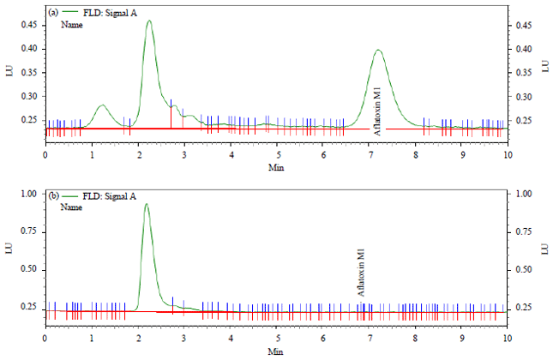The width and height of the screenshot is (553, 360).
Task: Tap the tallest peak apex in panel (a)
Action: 149,21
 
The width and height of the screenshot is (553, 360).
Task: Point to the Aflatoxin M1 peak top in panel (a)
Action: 377,51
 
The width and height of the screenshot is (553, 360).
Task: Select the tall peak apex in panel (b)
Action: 147,204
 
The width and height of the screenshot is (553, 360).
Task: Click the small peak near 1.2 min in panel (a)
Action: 102,105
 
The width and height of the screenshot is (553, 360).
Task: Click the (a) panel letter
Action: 53,13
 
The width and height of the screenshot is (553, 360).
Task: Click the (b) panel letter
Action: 53,195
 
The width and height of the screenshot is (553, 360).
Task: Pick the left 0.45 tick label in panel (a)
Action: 30,25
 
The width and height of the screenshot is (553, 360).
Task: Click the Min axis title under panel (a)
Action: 276,166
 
